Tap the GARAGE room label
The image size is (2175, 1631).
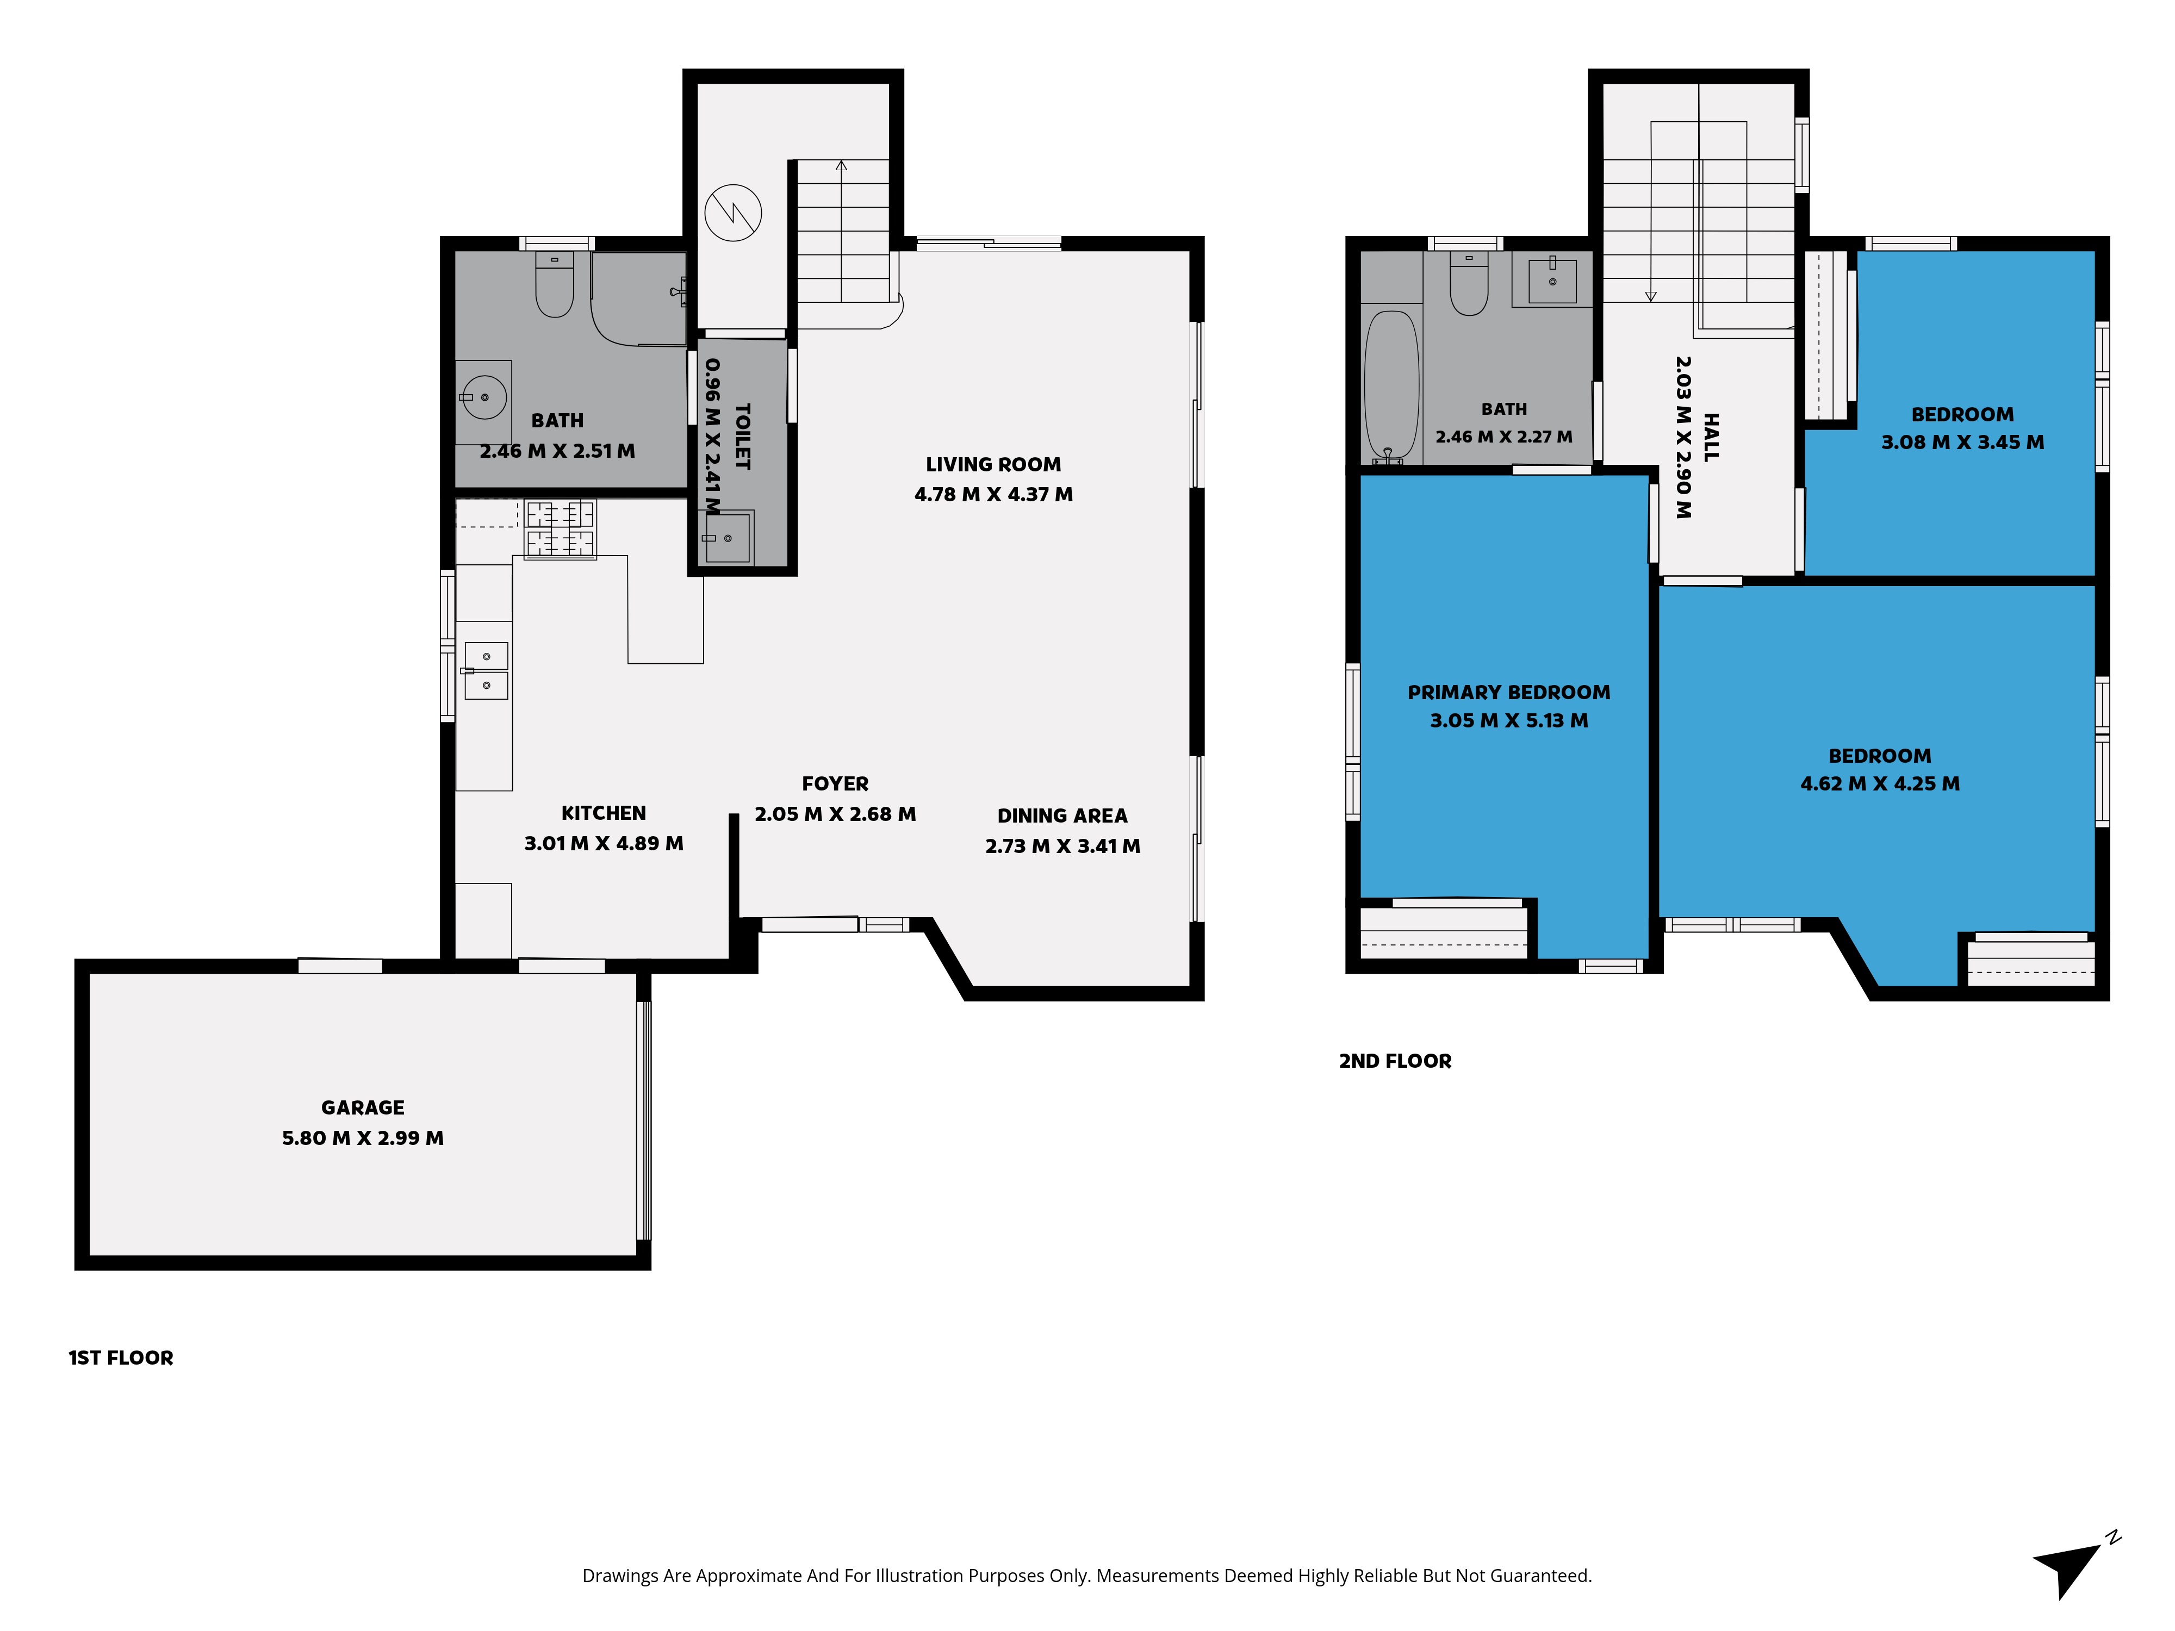pyautogui.click(x=363, y=1107)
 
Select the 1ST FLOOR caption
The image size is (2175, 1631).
pyautogui.click(x=121, y=1358)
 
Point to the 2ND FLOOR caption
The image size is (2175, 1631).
pyautogui.click(x=1395, y=1061)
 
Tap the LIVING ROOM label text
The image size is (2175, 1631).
pyautogui.click(x=993, y=464)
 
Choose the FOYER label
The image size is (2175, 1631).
pyautogui.click(x=835, y=783)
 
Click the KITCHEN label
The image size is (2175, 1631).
pyautogui.click(x=604, y=813)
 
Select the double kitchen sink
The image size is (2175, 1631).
pyautogui.click(x=486, y=670)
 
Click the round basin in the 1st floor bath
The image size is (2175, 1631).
pyautogui.click(x=484, y=397)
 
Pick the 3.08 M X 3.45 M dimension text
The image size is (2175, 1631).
pyautogui.click(x=1962, y=443)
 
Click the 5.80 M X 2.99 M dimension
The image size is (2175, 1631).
pyautogui.click(x=363, y=1137)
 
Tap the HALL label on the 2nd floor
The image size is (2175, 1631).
pyautogui.click(x=1711, y=438)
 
